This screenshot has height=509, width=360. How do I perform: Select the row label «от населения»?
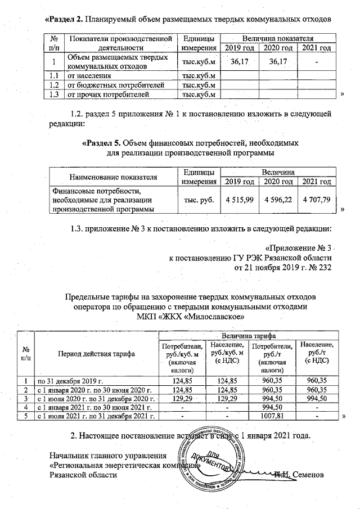pos(88,75)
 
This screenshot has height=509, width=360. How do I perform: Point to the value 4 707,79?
pos(317,200)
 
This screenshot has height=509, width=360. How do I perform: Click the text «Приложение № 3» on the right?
pos(300,248)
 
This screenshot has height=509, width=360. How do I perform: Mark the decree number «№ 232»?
pos(321,267)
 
